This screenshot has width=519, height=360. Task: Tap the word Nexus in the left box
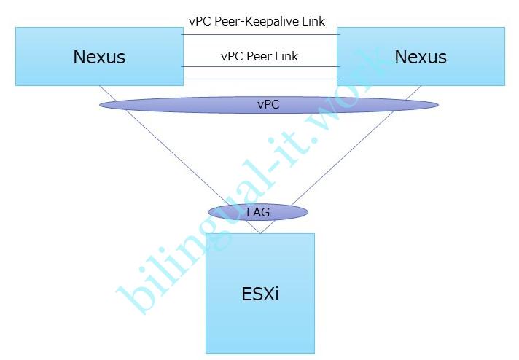[x=99, y=57]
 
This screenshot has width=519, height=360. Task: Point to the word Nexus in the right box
[x=421, y=57]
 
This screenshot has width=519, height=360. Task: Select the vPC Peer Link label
[x=259, y=56]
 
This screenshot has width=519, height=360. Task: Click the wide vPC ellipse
[x=182, y=105]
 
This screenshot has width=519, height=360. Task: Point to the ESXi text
[x=260, y=294]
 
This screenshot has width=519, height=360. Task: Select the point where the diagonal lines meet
[x=260, y=233]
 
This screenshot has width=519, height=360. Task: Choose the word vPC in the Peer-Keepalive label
[x=200, y=22]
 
